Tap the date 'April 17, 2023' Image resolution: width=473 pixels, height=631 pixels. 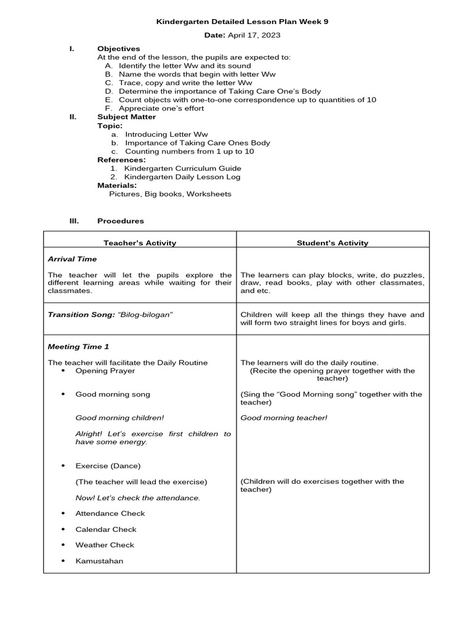(254, 35)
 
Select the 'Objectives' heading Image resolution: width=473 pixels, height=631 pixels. (118, 49)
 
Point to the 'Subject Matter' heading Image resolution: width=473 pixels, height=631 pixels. (126, 116)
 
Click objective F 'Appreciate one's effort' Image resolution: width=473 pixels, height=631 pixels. (161, 108)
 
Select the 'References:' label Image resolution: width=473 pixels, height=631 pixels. (121, 160)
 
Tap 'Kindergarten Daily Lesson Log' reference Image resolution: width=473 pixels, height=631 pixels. (182, 177)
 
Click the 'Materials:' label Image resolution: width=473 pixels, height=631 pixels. (117, 185)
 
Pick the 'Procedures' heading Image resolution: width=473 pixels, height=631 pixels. (121, 221)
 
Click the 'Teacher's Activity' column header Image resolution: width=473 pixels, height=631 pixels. (140, 243)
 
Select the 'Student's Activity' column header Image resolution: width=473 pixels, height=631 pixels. (333, 243)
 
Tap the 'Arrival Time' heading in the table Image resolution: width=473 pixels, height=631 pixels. (72, 259)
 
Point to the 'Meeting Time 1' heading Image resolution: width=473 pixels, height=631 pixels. (78, 347)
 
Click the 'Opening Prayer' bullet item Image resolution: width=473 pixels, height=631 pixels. (105, 371)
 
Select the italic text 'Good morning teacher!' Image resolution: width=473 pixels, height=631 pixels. (284, 418)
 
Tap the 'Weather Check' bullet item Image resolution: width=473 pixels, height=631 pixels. (105, 545)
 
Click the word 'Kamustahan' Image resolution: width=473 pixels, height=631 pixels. (99, 561)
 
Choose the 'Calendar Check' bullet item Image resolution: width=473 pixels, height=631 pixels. (106, 529)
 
